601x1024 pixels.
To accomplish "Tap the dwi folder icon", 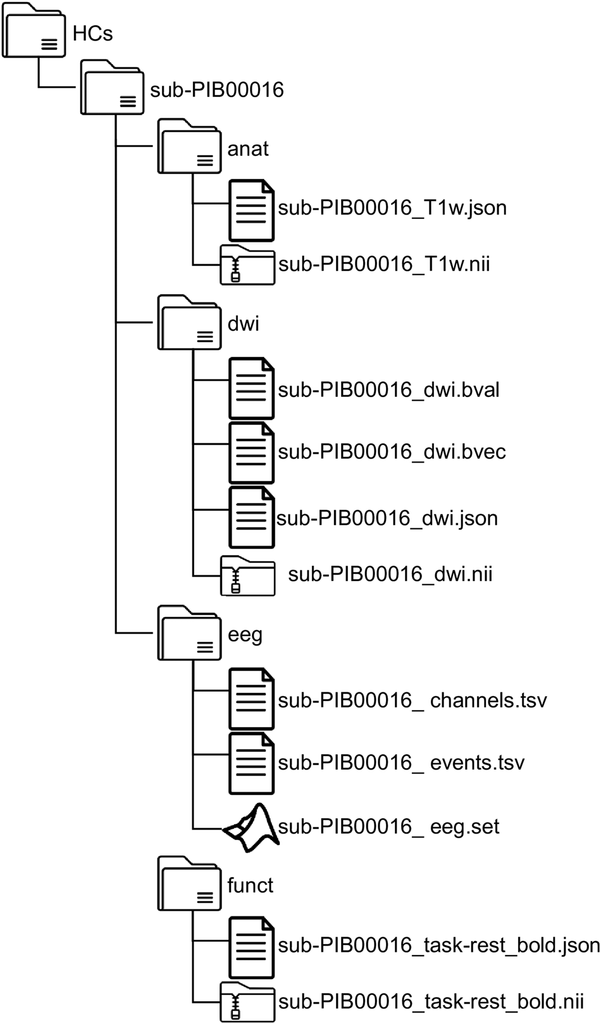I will click(189, 323).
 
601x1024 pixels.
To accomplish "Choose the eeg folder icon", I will click(189, 634).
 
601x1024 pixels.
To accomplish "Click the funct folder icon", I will click(189, 885).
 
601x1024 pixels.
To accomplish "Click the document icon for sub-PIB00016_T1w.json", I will click(251, 209).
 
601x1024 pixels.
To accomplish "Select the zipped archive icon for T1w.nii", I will click(247, 265).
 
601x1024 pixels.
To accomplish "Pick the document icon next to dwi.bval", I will click(251, 388).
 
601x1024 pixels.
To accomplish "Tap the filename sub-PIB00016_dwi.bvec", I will click(392, 452).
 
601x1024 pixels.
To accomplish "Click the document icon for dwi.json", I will click(251, 516).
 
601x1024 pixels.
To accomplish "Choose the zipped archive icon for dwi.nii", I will click(247, 575).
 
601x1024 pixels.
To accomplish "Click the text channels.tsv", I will click(488, 701).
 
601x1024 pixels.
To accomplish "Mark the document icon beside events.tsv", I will click(251, 763).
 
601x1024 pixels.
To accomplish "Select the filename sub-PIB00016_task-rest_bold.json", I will click(438, 946).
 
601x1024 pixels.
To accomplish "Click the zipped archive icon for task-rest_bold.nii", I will click(247, 1002).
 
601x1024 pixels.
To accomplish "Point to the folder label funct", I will click(251, 885).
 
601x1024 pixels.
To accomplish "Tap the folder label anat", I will click(248, 148).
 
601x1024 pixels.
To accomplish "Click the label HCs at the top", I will click(93, 34).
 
